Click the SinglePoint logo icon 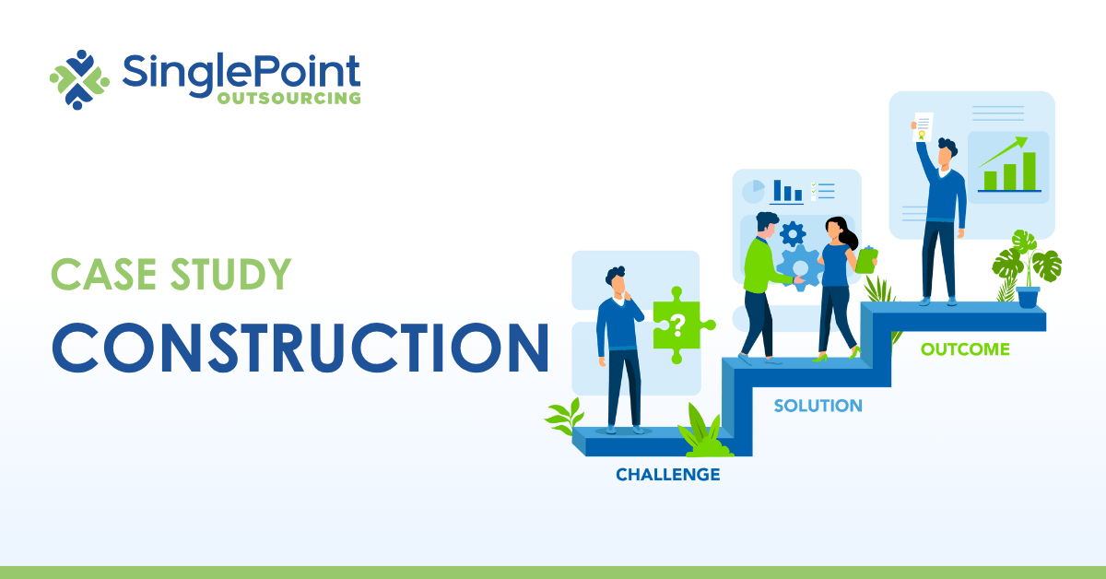pyautogui.click(x=79, y=79)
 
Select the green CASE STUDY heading pyautogui.click(x=171, y=274)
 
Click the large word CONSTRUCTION pyautogui.click(x=300, y=346)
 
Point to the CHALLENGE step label pyautogui.click(x=668, y=475)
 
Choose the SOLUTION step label pyautogui.click(x=818, y=406)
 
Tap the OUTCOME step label pyautogui.click(x=965, y=349)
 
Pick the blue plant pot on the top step pyautogui.click(x=1028, y=296)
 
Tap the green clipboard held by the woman pyautogui.click(x=866, y=259)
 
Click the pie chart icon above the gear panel pyautogui.click(x=754, y=191)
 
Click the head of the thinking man pyautogui.click(x=616, y=279)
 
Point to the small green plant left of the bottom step pyautogui.click(x=564, y=417)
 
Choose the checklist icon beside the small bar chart pyautogui.click(x=822, y=191)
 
